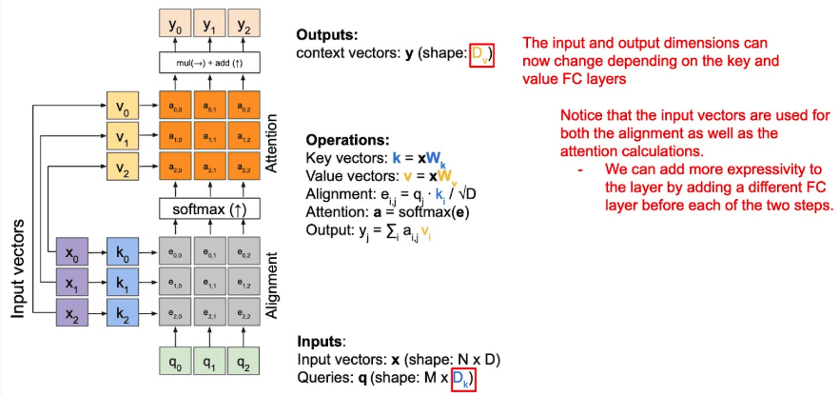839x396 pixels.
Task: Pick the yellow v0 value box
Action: click(x=122, y=103)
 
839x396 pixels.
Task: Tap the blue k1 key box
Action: click(x=122, y=284)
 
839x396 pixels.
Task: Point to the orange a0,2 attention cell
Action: click(x=246, y=103)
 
